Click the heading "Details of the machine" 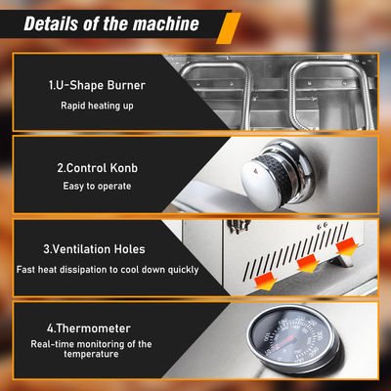pyautogui.click(x=111, y=23)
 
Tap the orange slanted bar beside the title pyautogui.click(x=229, y=28)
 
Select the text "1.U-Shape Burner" pyautogui.click(x=97, y=85)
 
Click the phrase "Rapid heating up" pyautogui.click(x=97, y=106)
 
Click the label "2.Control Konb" pyautogui.click(x=97, y=168)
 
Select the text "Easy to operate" pyautogui.click(x=97, y=186)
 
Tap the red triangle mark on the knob pyautogui.click(x=255, y=170)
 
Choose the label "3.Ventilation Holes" pyautogui.click(x=94, y=249)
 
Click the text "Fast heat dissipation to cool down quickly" pyautogui.click(x=108, y=270)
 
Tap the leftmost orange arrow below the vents pyautogui.click(x=266, y=282)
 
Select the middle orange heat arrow pyautogui.click(x=307, y=263)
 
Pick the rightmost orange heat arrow pyautogui.click(x=347, y=246)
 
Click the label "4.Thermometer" pyautogui.click(x=89, y=328)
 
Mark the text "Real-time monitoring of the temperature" pyautogui.click(x=91, y=349)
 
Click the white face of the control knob pyautogui.click(x=261, y=185)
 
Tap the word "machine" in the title pyautogui.click(x=166, y=23)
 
